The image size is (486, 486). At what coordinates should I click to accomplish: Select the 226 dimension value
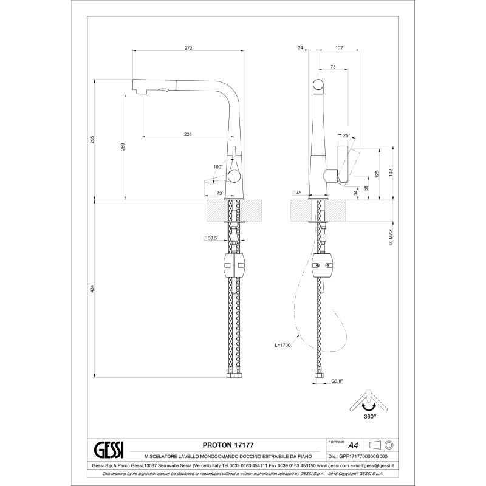pyautogui.click(x=188, y=134)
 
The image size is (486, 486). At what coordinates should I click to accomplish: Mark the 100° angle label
pyautogui.click(x=218, y=166)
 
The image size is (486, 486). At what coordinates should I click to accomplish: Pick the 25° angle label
pyautogui.click(x=346, y=136)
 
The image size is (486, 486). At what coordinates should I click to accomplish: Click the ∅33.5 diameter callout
pyautogui.click(x=210, y=238)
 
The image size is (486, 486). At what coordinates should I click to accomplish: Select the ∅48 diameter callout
pyautogui.click(x=296, y=193)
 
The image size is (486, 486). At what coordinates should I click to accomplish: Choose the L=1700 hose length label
pyautogui.click(x=283, y=345)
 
